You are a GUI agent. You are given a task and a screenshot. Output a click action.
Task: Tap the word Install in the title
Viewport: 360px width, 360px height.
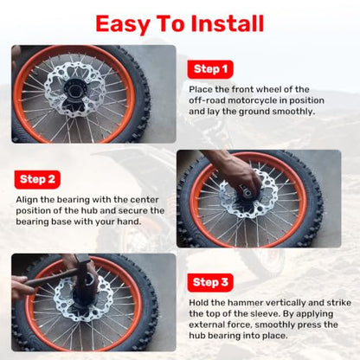228,23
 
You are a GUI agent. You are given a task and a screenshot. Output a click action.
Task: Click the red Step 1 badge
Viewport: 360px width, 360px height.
210,69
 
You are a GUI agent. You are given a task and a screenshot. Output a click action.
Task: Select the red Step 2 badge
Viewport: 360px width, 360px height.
37,179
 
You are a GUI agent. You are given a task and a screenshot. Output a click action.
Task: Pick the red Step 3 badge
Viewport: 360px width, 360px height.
210,282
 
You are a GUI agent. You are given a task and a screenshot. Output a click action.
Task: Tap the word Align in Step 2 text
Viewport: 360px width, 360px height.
27,200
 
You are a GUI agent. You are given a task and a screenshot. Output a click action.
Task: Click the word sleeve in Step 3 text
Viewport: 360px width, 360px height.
265,313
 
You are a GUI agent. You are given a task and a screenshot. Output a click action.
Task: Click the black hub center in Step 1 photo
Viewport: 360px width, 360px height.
74,88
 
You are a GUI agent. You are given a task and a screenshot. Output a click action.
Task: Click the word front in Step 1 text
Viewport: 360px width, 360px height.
243,89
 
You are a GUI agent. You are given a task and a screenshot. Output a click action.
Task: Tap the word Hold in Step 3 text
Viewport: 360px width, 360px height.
198,303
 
